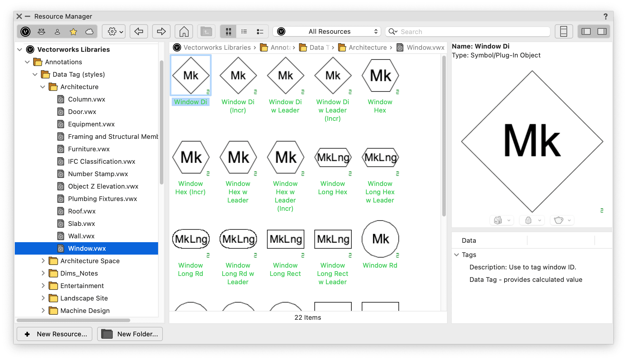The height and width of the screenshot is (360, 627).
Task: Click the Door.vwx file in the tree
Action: point(82,112)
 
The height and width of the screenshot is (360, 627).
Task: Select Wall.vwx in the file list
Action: point(81,236)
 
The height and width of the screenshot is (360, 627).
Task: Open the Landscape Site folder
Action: point(84,298)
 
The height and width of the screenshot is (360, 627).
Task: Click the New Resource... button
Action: point(54,334)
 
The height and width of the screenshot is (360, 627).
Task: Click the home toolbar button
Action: point(184,32)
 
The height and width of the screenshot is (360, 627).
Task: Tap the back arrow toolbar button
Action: point(139,32)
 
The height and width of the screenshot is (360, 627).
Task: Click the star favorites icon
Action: point(73,32)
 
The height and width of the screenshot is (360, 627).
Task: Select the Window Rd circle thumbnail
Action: point(380,239)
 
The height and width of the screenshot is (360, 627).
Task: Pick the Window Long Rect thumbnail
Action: point(285,239)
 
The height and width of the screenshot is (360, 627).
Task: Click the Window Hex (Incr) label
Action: point(190,188)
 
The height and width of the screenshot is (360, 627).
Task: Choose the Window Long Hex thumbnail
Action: point(333,157)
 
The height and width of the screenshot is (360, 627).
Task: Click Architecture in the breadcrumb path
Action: point(367,48)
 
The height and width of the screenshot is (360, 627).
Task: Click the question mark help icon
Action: point(605,17)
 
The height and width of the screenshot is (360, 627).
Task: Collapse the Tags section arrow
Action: point(456,255)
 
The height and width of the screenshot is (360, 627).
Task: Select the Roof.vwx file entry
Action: point(82,211)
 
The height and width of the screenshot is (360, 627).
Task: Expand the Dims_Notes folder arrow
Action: point(43,273)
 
